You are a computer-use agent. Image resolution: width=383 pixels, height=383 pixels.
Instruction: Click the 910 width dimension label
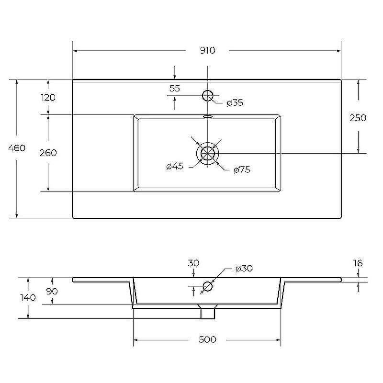point(208,50)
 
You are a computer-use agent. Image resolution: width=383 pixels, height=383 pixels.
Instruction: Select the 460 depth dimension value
point(17,148)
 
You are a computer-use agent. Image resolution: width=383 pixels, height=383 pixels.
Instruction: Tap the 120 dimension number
point(48,98)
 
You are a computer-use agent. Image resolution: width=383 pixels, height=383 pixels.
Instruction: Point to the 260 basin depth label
point(48,153)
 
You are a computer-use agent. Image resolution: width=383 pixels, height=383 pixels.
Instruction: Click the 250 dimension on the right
point(358,118)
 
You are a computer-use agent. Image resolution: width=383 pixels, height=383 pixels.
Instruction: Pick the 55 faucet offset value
point(175,88)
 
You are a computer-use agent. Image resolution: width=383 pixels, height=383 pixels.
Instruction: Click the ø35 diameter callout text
point(235,102)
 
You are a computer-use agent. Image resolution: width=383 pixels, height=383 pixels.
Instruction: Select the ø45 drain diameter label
point(175,166)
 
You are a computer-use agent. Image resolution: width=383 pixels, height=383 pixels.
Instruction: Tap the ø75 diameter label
point(242,169)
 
